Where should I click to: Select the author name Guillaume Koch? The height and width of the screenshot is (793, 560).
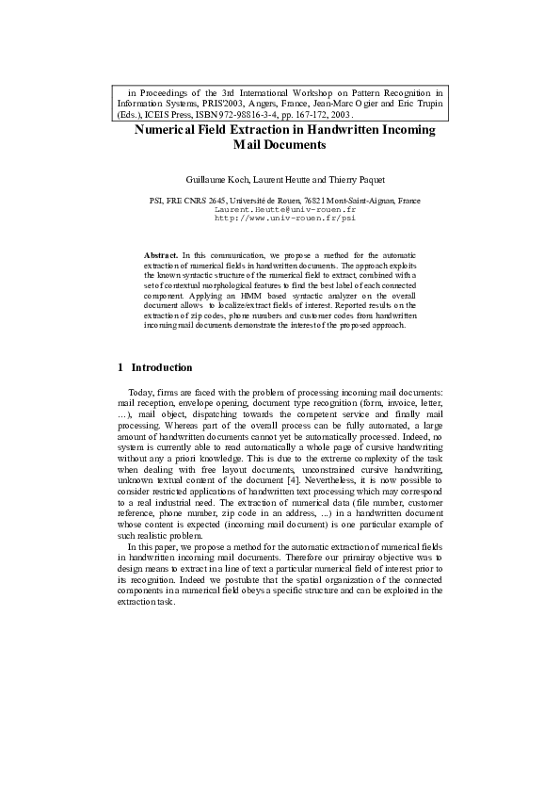click(215, 179)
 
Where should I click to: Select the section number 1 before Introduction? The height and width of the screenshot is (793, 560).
click(120, 367)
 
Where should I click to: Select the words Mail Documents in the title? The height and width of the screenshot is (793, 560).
click(279, 146)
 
